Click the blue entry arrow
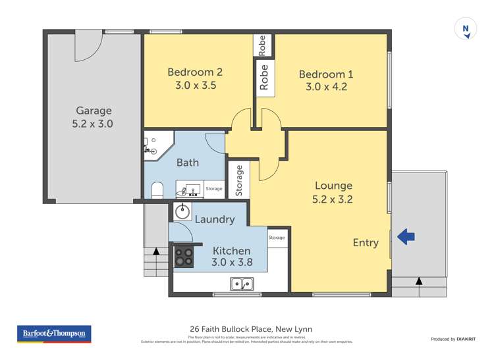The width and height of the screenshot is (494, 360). coord(406,236)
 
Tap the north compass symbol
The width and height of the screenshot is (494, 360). coord(466,29)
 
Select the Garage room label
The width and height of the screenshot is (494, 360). coord(94,111)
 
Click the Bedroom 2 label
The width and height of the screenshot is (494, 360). coord(195,72)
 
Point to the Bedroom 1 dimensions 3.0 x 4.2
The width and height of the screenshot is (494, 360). coord(325,86)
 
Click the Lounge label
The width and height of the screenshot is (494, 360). coord(333,186)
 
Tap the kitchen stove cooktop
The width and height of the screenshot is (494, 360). coord(184,257)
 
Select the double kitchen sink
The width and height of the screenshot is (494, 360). coord(242,284)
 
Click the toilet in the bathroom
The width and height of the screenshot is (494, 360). coord(157,190)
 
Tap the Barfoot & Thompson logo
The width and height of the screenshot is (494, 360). coord(54,334)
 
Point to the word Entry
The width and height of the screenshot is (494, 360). coord(366,243)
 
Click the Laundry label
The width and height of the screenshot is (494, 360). coord(215,219)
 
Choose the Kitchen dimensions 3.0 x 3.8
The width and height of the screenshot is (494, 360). coord(231,263)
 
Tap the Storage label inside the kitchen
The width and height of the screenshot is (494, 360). coord(277,238)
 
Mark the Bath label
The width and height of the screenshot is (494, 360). coord(188,163)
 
